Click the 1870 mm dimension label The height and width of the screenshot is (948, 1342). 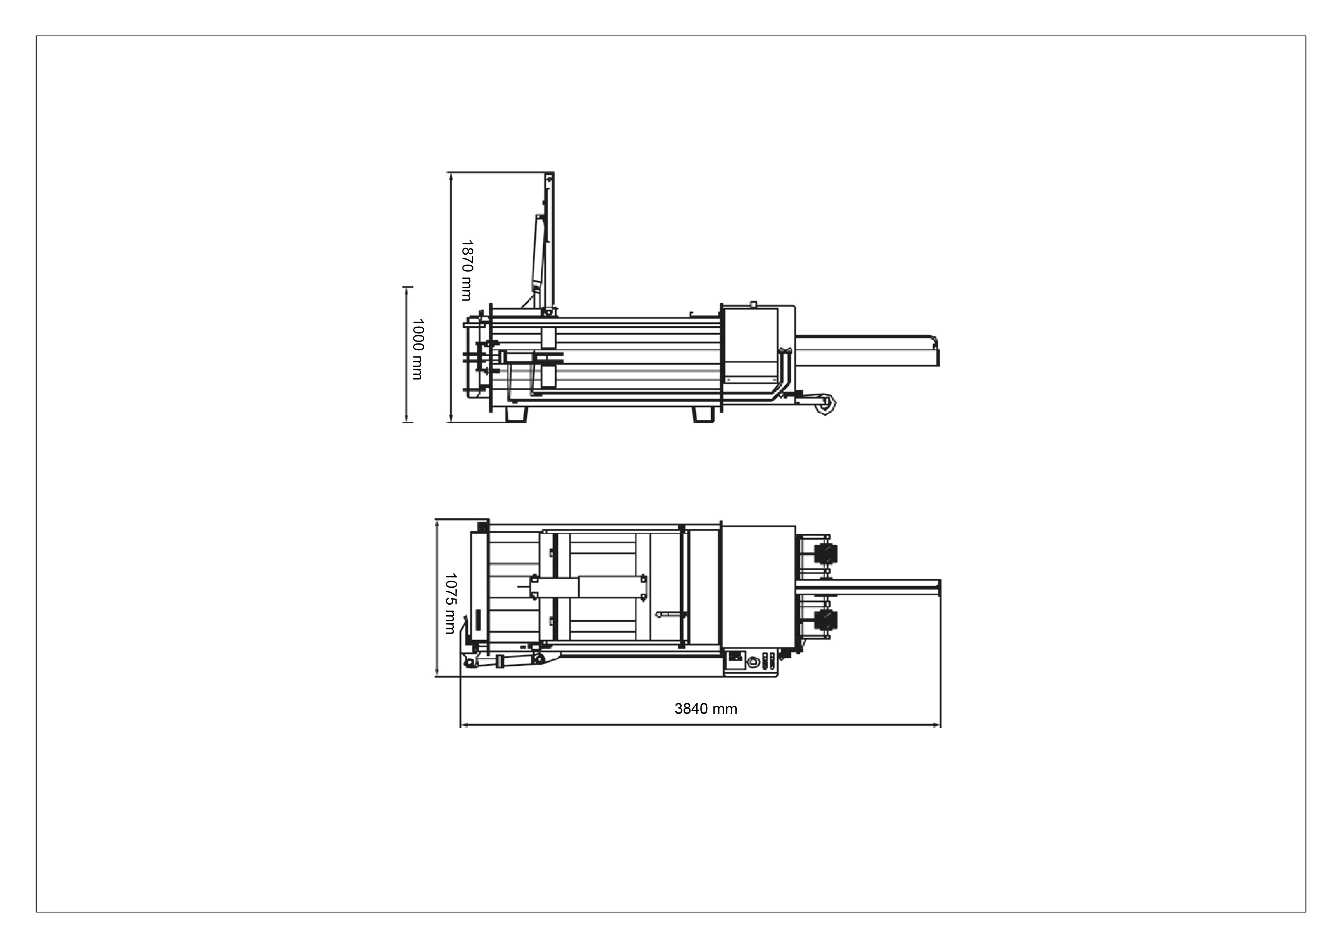pos(466,270)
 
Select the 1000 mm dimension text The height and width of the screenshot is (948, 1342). pos(417,349)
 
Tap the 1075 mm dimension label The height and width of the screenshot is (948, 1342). pos(450,603)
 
